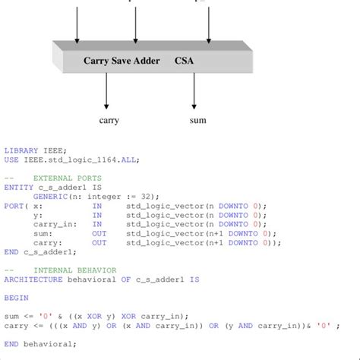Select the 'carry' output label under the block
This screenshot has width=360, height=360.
pos(109,120)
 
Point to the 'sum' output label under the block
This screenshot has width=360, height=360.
pos(197,120)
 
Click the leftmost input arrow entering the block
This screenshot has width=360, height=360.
pos(77,23)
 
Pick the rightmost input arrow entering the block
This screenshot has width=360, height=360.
pos(209,23)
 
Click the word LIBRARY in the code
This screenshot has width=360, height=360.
pos(21,150)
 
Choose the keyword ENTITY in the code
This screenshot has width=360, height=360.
pos(18,187)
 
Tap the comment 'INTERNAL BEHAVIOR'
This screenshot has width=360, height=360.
pos(71,270)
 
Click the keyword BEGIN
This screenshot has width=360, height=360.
pos(16,298)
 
